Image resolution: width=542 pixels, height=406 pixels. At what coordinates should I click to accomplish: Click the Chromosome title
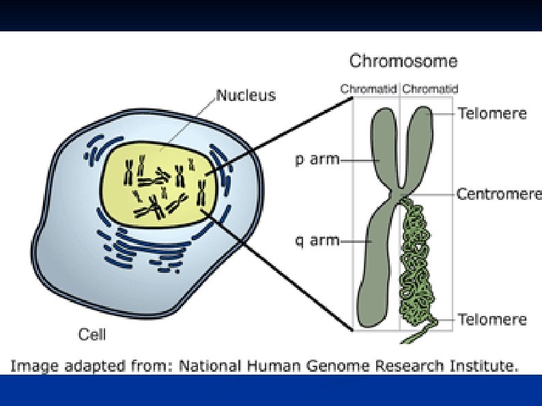[403, 61]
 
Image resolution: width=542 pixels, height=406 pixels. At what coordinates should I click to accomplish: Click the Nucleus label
[246, 95]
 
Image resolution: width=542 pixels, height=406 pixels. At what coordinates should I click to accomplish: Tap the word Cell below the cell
[92, 334]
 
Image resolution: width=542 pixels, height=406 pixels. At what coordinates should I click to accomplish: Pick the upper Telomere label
[492, 113]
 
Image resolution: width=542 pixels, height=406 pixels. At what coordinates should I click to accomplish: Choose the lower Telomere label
[492, 319]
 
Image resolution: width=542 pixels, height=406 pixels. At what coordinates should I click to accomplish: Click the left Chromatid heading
[369, 89]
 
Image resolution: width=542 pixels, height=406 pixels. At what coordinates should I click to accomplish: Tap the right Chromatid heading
[430, 89]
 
